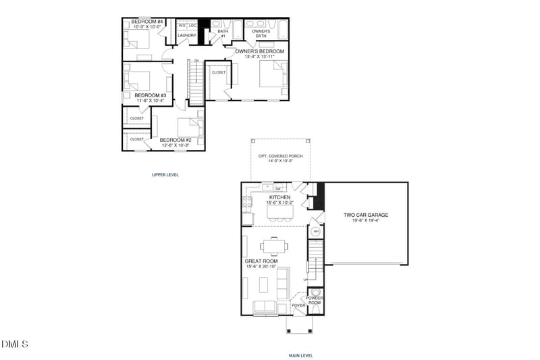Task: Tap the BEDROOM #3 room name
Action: coord(150,95)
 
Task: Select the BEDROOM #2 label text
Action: coord(176,140)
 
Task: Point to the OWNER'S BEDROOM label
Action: coord(259,51)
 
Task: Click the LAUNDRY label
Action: coord(187,35)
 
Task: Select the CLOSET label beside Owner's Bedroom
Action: coord(219,72)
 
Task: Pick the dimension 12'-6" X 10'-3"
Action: coord(176,146)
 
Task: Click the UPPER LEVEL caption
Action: coord(165,174)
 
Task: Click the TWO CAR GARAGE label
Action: coord(366,215)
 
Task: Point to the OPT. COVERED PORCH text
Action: coord(280,156)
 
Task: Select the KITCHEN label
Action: coord(279,197)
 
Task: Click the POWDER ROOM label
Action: coord(315,300)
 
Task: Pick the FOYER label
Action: coord(298,305)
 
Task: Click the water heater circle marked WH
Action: coord(315,232)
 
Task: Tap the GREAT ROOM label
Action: coord(262,260)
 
